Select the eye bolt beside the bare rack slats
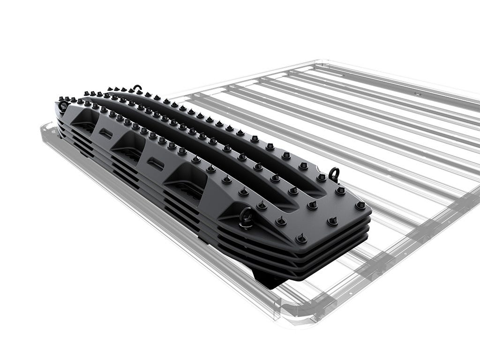pos(334,173)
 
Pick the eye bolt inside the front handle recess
pos(247,218)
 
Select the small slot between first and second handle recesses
pos(105,134)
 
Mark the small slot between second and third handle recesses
pos(155,162)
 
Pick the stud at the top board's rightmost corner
pos(360,205)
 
